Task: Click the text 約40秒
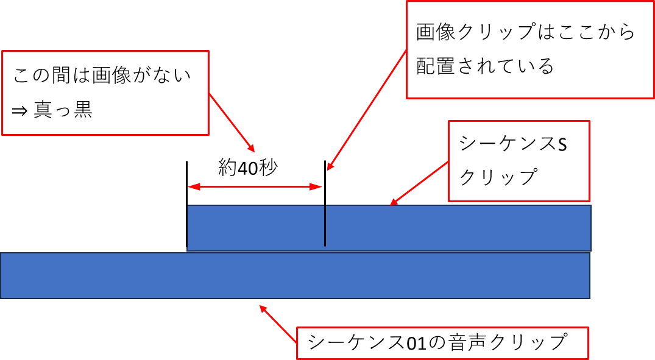pos(247,168)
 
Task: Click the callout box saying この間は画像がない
pos(105,93)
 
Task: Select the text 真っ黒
pos(72,111)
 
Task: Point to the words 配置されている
pos(485,66)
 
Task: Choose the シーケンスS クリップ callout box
pos(519,161)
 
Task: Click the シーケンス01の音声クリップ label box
pos(442,343)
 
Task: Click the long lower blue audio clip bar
pos(295,276)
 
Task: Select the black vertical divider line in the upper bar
pos(325,225)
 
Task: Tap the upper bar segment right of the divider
pos(457,228)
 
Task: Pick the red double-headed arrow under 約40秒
pos(255,188)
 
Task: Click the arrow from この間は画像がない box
pos(232,122)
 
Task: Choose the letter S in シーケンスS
pos(561,144)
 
